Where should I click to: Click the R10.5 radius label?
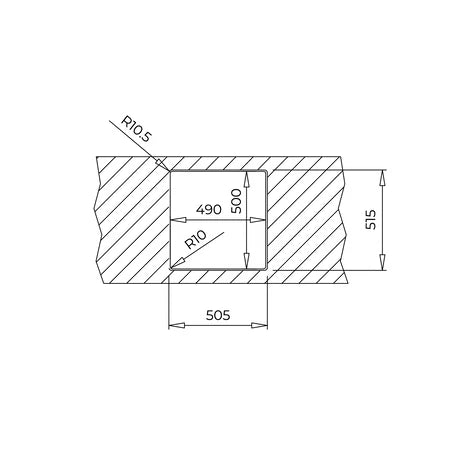click(x=136, y=128)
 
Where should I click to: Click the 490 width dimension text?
click(x=209, y=210)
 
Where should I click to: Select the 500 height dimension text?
click(x=236, y=201)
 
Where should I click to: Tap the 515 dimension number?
click(x=370, y=219)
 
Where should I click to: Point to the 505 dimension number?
click(x=218, y=315)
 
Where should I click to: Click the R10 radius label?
click(x=196, y=240)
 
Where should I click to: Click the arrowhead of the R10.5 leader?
click(x=162, y=164)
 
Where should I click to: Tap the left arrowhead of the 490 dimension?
click(x=178, y=220)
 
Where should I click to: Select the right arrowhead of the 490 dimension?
click(x=258, y=220)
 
